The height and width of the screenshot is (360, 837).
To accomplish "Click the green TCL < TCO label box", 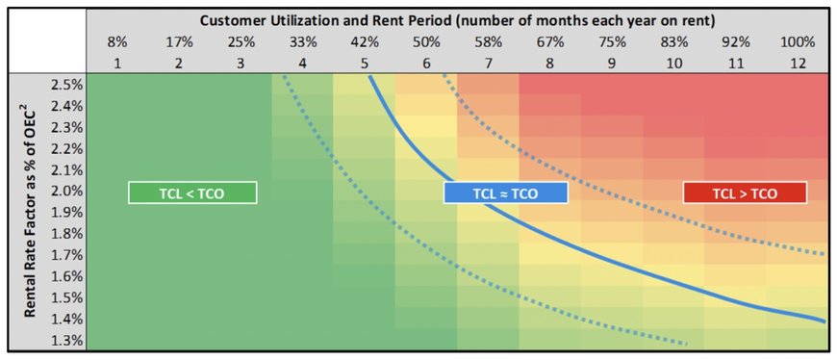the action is pos(192,193).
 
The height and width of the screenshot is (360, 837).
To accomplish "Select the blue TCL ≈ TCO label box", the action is pos(505,193).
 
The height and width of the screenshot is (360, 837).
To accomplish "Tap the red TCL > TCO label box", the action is pos(745,193).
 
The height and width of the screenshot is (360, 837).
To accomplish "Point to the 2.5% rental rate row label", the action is pos(67,85).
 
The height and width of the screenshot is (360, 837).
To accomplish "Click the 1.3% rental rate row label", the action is pos(67,340).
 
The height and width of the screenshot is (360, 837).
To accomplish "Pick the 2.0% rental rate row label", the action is pos(67,192).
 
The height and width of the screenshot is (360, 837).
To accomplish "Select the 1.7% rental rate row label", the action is pos(67,255).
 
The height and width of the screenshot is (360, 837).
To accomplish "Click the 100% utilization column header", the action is pos(798,42).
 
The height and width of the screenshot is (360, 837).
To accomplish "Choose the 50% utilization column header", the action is pos(426,42).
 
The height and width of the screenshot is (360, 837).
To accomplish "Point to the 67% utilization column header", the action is pos(550,42).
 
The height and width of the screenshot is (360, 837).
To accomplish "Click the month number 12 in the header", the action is pos(798,63).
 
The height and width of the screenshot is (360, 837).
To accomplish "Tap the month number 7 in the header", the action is pos(489,63).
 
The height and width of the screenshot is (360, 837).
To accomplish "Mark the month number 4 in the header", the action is pos(303,63).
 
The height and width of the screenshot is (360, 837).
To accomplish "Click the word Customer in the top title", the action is pos(230,21).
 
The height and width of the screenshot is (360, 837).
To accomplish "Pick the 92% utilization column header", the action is pos(736,42).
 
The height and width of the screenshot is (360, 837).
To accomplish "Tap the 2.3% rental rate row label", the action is pos(67,128).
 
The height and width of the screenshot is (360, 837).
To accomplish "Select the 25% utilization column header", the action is pos(241,42).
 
